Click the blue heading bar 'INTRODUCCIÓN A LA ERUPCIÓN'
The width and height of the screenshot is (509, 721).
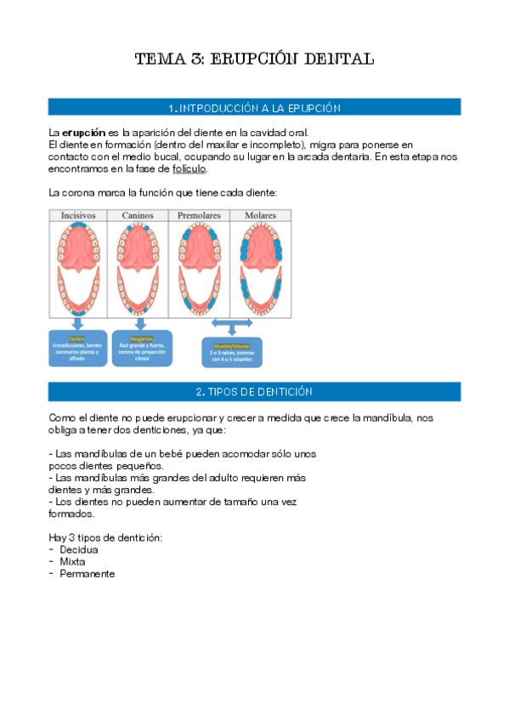coord(254,108)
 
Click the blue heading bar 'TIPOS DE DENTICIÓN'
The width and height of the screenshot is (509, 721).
coord(254,392)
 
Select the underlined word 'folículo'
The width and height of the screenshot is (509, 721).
coord(189,169)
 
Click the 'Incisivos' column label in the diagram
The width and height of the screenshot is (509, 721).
coord(77,216)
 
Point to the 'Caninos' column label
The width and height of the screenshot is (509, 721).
coord(138,216)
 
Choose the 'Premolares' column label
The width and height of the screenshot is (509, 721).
coord(201,216)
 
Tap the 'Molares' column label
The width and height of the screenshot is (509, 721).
coord(261,216)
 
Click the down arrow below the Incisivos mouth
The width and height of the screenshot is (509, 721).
coord(79,323)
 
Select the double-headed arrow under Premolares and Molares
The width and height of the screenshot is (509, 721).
coord(232,324)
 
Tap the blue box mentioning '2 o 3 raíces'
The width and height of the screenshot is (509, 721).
coord(231,352)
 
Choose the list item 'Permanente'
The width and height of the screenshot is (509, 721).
coord(88,573)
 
